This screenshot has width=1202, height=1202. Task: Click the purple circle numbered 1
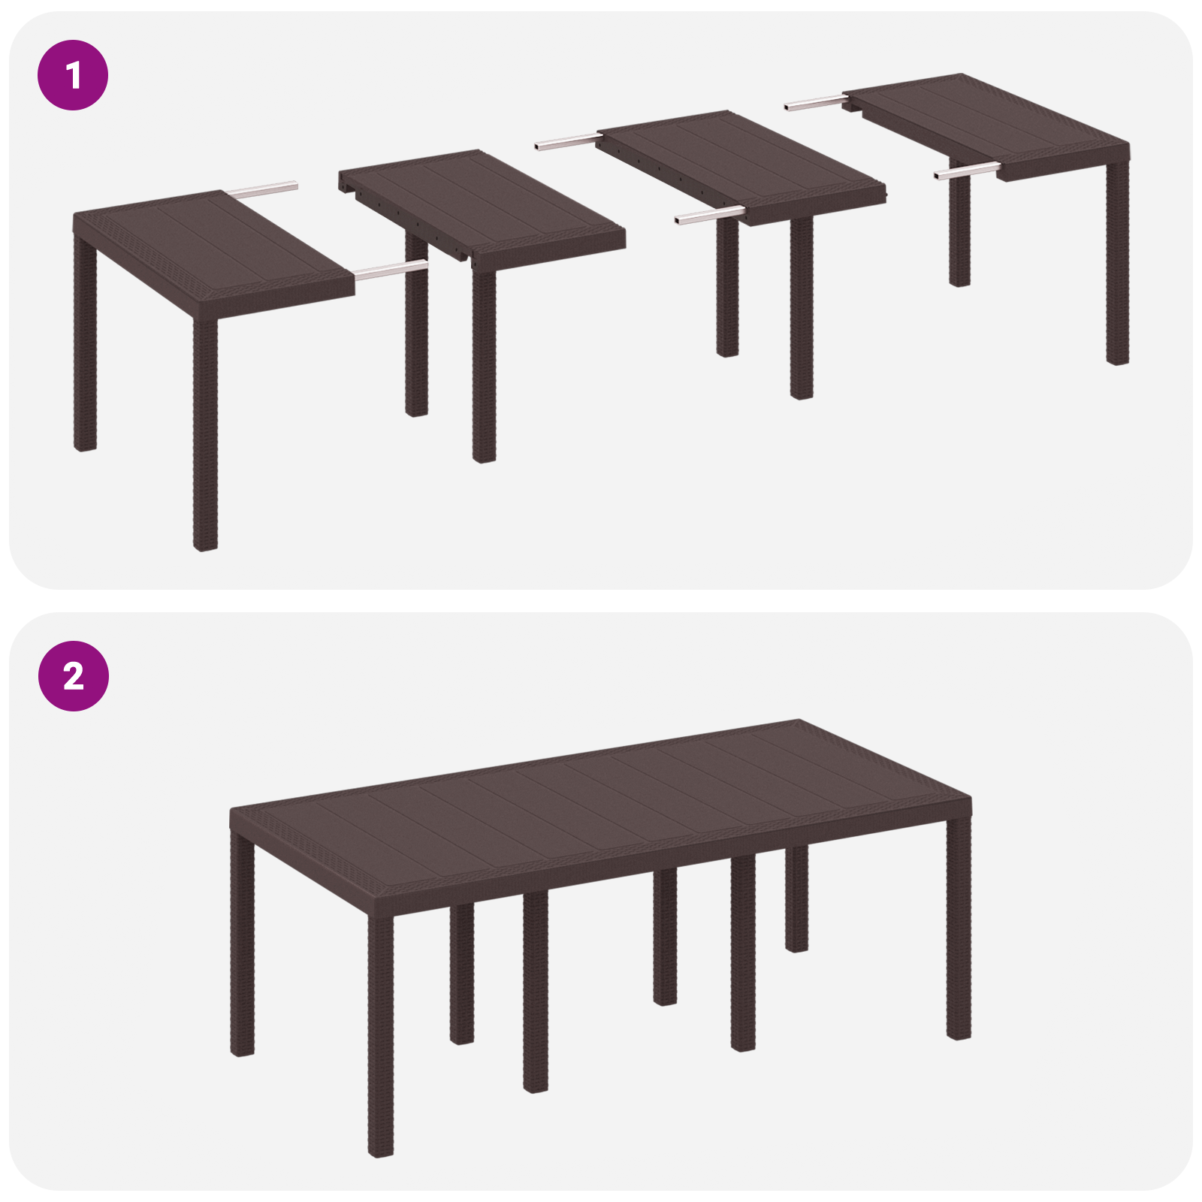tap(73, 75)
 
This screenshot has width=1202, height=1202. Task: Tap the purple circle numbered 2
tap(73, 676)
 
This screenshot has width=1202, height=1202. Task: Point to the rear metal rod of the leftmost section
tap(263, 189)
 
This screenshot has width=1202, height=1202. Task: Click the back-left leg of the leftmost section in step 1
tap(86, 346)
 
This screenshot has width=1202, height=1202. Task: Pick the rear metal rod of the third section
tap(567, 140)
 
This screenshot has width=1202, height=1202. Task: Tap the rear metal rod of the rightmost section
tap(815, 103)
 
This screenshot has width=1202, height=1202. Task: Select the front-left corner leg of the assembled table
tap(381, 1037)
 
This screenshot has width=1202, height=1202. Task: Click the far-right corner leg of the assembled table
tap(959, 932)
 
